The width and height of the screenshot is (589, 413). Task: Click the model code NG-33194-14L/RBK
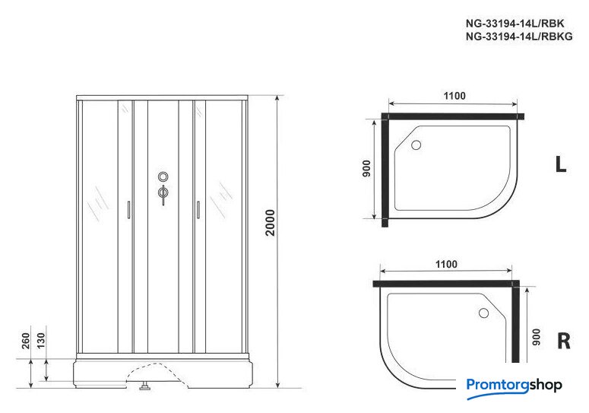(515, 24)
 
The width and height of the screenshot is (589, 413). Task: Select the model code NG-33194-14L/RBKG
(519, 37)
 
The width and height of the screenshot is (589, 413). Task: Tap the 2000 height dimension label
(270, 223)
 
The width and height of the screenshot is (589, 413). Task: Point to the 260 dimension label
(26, 341)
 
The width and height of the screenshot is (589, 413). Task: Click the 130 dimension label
(41, 341)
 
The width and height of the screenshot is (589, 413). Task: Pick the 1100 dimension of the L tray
(454, 96)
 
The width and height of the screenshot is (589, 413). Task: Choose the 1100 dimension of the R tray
(446, 264)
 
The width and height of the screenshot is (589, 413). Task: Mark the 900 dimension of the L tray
(366, 168)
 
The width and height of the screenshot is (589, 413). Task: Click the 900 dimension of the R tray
(537, 337)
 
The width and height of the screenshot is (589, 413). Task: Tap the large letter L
(561, 164)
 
